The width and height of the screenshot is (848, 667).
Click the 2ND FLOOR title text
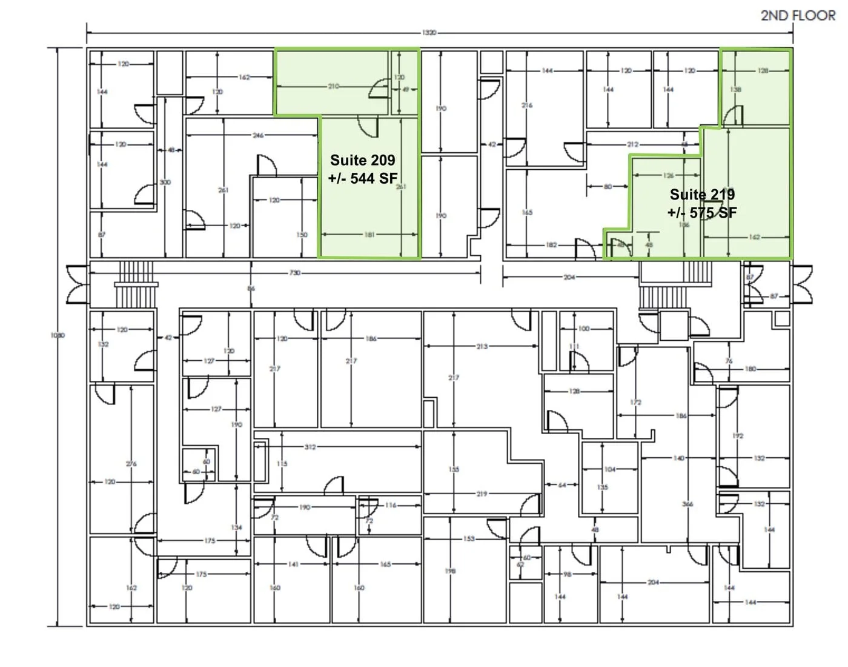(x=798, y=16)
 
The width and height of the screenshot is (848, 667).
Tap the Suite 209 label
(x=362, y=161)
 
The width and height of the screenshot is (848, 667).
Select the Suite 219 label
(x=702, y=195)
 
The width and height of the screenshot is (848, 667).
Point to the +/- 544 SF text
(x=362, y=178)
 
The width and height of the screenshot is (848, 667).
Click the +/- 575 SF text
(x=702, y=213)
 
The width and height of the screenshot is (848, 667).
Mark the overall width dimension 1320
(x=428, y=32)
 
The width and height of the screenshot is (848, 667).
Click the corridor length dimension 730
(x=295, y=273)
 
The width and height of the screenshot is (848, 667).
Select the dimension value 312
(x=310, y=447)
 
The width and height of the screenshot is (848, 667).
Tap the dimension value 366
(x=687, y=504)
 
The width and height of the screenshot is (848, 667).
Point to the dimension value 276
(x=131, y=464)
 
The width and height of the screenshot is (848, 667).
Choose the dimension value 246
(x=258, y=135)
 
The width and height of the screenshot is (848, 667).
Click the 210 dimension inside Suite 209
(x=334, y=87)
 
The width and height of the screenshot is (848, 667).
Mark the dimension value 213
(x=482, y=346)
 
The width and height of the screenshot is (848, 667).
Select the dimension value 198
(x=450, y=571)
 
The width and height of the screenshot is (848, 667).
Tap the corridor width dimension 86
(x=251, y=289)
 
